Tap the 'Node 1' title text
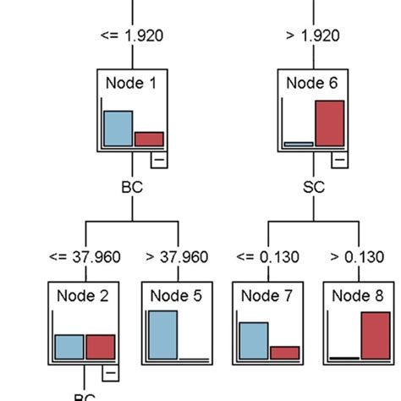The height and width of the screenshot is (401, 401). click(131, 82)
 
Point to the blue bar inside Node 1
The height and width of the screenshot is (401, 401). click(118, 129)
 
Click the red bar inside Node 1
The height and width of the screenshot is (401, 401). click(149, 139)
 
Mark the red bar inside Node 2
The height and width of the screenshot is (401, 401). click(101, 347)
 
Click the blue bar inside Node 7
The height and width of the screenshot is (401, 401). click(254, 341)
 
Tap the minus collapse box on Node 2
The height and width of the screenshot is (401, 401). click(111, 373)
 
